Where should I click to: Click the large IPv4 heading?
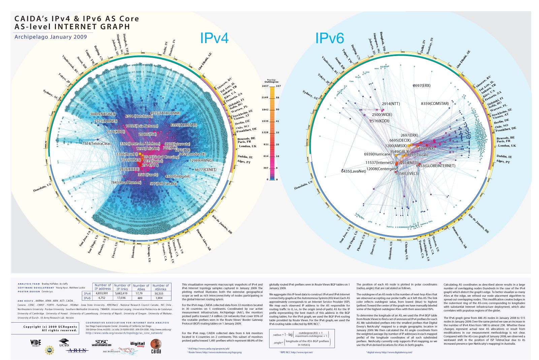click(214, 38)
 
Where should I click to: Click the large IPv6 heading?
click(329, 38)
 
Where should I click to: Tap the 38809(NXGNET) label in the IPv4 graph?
click(103, 114)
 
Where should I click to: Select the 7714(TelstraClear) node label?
click(97, 144)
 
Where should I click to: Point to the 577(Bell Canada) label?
click(163, 184)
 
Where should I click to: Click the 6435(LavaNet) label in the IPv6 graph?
click(353, 171)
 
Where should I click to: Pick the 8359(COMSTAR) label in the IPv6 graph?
click(435, 103)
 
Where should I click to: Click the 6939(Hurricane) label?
click(378, 154)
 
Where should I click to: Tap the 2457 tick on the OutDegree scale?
click(265, 86)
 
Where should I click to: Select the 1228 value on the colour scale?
click(265, 132)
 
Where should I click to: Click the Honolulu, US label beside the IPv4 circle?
click(42, 188)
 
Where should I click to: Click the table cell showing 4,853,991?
click(102, 293)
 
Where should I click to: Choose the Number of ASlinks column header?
click(161, 287)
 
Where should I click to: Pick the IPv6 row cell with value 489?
click(141, 298)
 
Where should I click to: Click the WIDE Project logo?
click(35, 343)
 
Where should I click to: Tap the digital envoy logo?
click(137, 344)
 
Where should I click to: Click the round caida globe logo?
click(156, 346)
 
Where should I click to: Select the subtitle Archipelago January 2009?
click(51, 37)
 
